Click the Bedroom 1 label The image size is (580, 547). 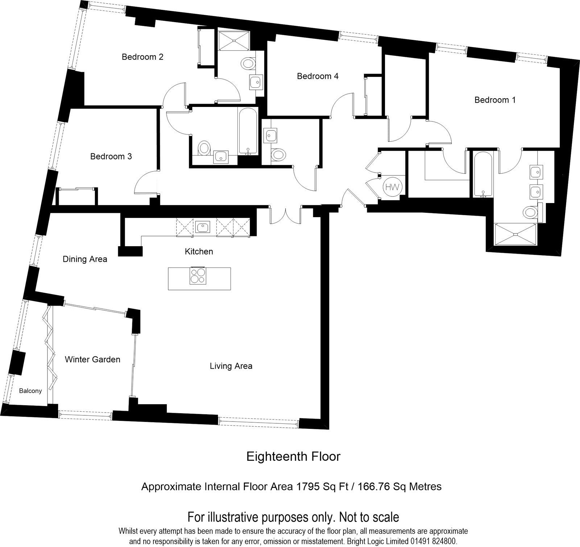[x=495, y=100]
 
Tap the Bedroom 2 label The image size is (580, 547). [x=142, y=57]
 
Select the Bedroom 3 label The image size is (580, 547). [x=111, y=157]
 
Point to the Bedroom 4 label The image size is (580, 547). [x=318, y=76]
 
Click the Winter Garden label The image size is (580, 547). [x=92, y=360]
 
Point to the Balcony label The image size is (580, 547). [x=30, y=391]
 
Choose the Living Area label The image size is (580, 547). [x=231, y=366]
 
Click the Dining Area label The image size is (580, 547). [x=85, y=259]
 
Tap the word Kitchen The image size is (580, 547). [x=199, y=252]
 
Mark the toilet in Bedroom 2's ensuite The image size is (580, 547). [x=248, y=64]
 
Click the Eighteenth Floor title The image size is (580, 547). [x=293, y=456]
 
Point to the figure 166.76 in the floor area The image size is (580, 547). [x=373, y=486]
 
